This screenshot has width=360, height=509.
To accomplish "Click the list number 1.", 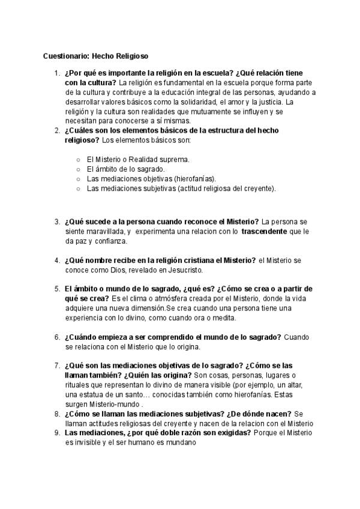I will [x=56, y=73].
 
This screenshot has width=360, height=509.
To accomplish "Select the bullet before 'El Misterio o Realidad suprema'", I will [x=79, y=160].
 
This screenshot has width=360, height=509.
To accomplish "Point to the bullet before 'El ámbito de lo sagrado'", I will [x=79, y=169].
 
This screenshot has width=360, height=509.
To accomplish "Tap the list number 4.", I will [x=56, y=260].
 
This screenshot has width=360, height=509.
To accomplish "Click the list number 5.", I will [x=56, y=289].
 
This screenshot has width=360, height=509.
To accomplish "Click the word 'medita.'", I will [x=223, y=318].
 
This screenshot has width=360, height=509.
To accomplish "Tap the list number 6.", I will [x=56, y=337].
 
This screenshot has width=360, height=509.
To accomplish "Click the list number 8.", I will [x=56, y=414].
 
